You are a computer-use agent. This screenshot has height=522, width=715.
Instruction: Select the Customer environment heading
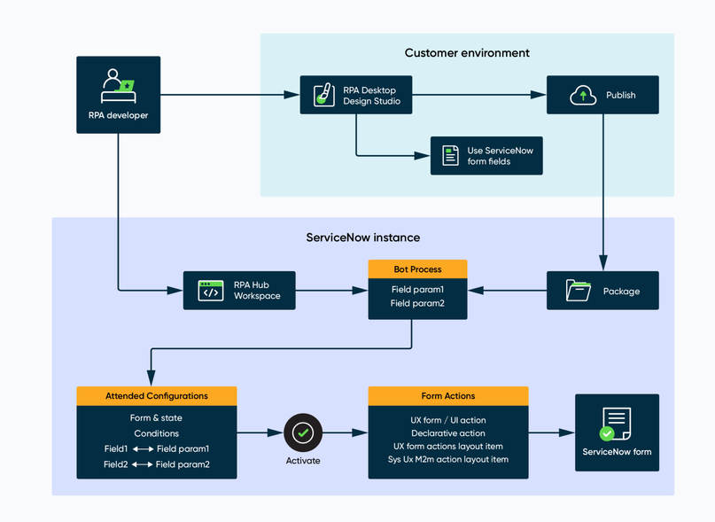tap(467, 53)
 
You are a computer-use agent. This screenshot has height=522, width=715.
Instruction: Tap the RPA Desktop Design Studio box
tap(355, 96)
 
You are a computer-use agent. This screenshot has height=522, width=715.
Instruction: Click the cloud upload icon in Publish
tap(583, 95)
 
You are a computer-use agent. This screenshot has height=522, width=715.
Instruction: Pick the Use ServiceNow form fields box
tap(486, 156)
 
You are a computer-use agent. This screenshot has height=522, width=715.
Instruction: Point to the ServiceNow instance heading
tap(363, 238)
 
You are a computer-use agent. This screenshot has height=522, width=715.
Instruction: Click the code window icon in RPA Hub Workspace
tap(211, 291)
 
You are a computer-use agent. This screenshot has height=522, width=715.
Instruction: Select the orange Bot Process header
tap(417, 269)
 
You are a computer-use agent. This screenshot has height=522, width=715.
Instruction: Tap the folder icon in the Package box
tap(579, 291)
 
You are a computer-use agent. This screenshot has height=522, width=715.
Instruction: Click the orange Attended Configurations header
tap(157, 396)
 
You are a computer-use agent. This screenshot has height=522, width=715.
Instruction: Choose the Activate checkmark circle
tap(303, 432)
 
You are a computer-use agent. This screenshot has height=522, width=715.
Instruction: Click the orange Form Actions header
tap(448, 396)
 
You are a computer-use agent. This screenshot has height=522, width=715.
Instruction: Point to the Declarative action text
tap(448, 433)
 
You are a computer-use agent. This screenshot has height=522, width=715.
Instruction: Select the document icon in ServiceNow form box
tap(616, 424)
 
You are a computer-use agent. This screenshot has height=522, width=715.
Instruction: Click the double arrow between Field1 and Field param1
tap(143, 449)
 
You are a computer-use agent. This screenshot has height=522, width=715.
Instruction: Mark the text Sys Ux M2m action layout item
tap(448, 459)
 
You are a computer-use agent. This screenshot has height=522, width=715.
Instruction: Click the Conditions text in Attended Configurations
tap(157, 433)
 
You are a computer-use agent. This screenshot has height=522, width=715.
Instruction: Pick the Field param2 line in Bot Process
tap(417, 304)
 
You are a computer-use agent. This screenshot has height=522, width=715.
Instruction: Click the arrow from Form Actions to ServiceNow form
tap(552, 432)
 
